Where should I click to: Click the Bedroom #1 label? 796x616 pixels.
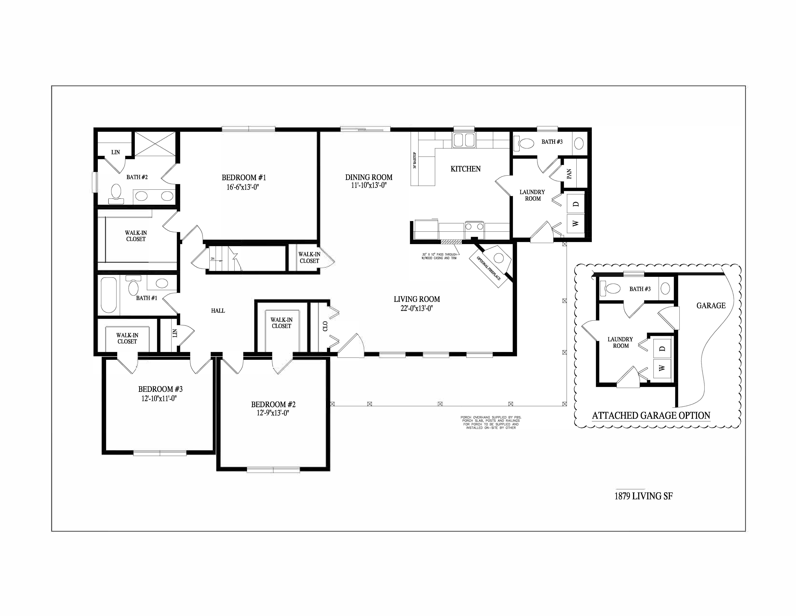(244, 178)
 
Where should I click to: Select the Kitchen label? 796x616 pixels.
(465, 169)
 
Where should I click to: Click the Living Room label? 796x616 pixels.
(417, 299)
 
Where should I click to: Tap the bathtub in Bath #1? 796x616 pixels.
(109, 295)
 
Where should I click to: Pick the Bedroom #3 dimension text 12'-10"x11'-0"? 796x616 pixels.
(159, 398)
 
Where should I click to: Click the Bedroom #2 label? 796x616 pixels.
(273, 404)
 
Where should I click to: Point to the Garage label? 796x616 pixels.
(711, 305)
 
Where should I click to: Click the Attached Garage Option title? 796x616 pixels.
(651, 416)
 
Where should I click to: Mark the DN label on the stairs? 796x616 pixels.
(213, 259)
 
